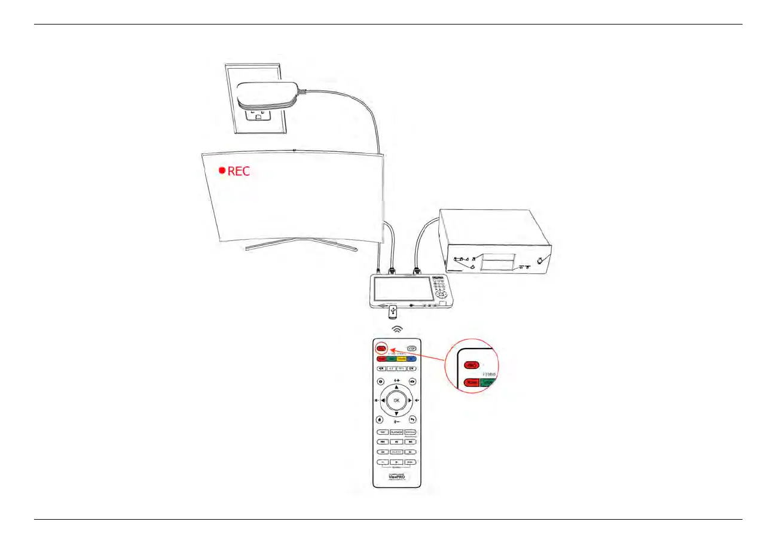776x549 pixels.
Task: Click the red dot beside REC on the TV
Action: tap(222, 171)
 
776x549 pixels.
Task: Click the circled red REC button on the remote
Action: tap(381, 348)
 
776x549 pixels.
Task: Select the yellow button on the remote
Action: tap(402, 359)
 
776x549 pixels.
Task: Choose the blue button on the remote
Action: tap(411, 359)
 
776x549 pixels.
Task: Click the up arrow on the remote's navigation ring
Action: tap(396, 387)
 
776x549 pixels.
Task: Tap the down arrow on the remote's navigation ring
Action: tap(396, 414)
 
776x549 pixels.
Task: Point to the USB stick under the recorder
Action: tap(393, 312)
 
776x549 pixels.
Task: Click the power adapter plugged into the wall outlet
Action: tap(267, 96)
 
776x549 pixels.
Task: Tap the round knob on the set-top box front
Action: tap(539, 260)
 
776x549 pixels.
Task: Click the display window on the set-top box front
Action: tap(499, 263)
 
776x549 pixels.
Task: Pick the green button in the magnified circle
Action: tap(487, 382)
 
